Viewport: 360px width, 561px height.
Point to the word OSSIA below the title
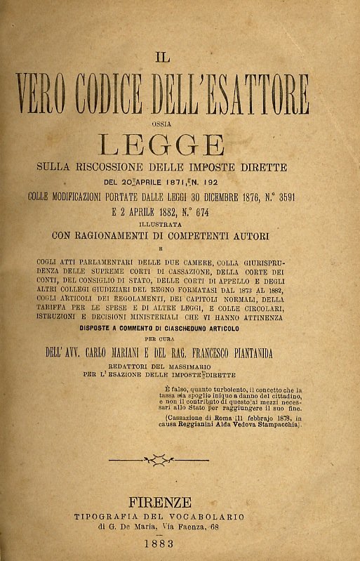tap(162, 125)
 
